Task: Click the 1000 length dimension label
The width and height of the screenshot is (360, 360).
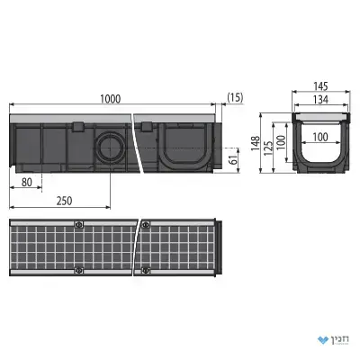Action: pyautogui.click(x=111, y=99)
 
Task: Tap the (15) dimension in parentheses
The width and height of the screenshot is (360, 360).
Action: pyautogui.click(x=236, y=97)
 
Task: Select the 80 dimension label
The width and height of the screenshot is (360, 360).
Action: pyautogui.click(x=27, y=182)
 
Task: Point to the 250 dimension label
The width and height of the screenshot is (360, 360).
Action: pyautogui.click(x=65, y=201)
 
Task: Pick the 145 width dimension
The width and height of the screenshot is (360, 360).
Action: pyautogui.click(x=320, y=86)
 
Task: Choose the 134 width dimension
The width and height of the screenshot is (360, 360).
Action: pyautogui.click(x=320, y=99)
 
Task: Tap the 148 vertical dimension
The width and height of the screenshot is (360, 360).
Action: pyautogui.click(x=256, y=143)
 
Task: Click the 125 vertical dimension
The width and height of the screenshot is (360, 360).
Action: pyautogui.click(x=268, y=148)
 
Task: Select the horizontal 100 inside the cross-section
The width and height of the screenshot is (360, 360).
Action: pyautogui.click(x=320, y=138)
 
